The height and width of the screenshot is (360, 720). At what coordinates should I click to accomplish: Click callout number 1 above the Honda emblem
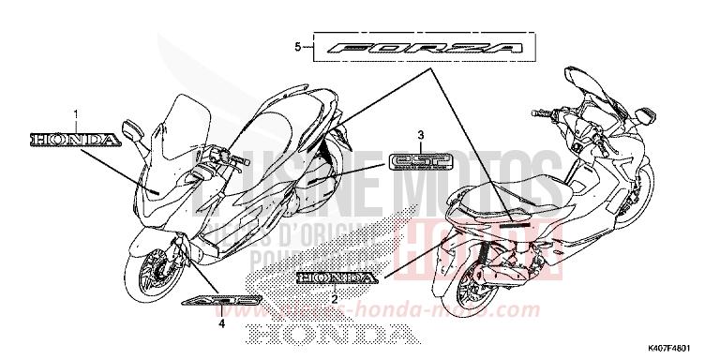tap(76, 114)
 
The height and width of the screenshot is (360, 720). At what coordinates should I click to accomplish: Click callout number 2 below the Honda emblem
tap(334, 297)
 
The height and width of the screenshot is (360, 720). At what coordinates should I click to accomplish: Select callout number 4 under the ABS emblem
tap(222, 325)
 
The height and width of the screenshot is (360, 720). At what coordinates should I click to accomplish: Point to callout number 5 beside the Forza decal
tap(297, 46)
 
